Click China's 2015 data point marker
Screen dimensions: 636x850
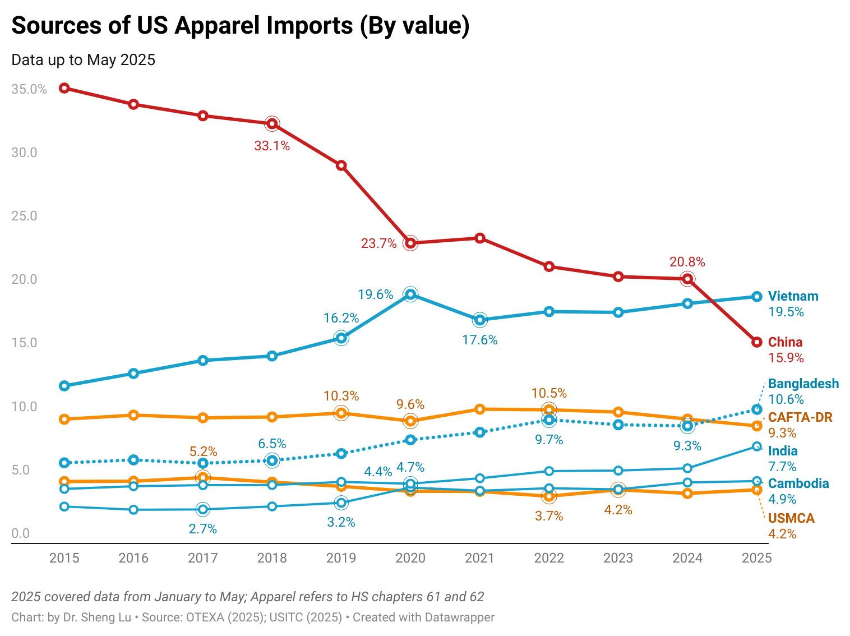click(64, 88)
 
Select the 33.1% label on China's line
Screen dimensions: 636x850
click(272, 146)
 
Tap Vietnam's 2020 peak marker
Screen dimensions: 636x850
click(410, 294)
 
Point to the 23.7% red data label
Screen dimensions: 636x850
click(378, 243)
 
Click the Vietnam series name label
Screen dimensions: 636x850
click(793, 296)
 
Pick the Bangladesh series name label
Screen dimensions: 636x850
click(803, 384)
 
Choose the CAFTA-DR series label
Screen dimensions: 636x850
click(800, 417)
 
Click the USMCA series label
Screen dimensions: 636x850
click(791, 518)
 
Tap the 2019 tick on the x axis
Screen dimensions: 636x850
click(341, 558)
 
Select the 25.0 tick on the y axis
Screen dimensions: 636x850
click(24, 216)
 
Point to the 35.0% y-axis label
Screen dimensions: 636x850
click(29, 89)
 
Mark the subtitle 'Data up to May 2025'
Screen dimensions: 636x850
click(83, 60)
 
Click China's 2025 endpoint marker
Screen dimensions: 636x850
click(756, 342)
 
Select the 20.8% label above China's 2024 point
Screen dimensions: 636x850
click(687, 262)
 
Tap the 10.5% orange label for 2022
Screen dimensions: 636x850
click(549, 393)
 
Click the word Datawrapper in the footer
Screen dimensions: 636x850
click(459, 617)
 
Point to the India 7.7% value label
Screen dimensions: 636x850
click(782, 467)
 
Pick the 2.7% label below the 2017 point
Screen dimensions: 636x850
click(202, 529)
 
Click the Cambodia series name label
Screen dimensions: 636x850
click(798, 483)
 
